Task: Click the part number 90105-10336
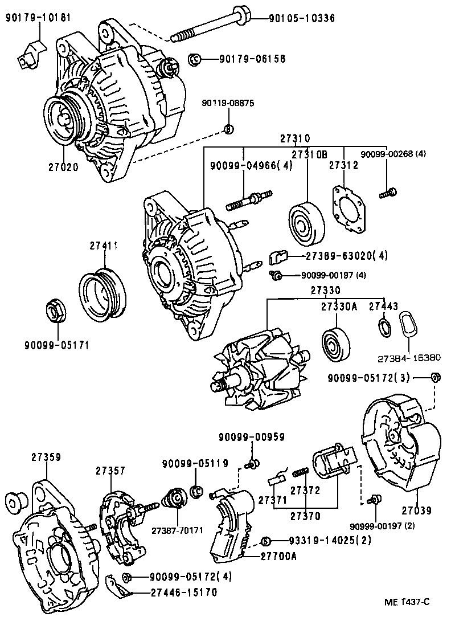[301, 18]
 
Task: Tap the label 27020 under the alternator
[63, 167]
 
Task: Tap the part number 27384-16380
[408, 358]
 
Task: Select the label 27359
[46, 457]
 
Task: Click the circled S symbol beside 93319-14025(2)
[265, 541]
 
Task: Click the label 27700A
[279, 557]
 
